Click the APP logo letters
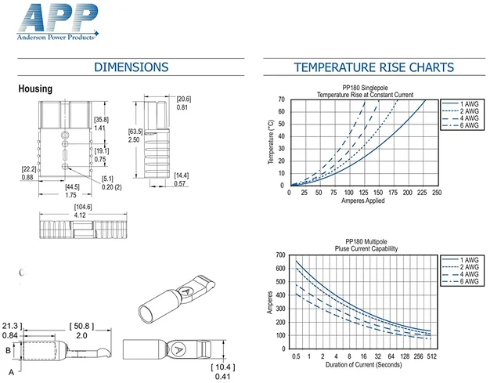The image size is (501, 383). point(58,18)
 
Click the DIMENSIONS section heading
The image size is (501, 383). point(131,67)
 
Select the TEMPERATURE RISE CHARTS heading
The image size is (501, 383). point(374,67)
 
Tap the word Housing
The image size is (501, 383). point(35,89)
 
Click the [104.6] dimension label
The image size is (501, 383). point(83,207)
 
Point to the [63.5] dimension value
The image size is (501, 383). point(135,132)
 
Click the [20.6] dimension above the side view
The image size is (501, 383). point(184,99)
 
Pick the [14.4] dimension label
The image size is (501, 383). point(181,175)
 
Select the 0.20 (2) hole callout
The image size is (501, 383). point(111,187)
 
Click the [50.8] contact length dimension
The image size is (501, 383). point(81,326)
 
